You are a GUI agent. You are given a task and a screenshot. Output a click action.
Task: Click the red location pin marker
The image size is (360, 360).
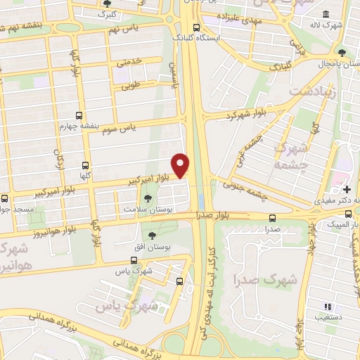[x=181, y=165]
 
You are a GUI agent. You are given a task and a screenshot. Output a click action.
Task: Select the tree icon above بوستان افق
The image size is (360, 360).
[x=152, y=236]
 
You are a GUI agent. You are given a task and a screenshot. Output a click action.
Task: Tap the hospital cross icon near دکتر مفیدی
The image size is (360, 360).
[x=347, y=189]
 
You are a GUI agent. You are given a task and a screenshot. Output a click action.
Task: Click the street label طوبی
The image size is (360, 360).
[x=131, y=88]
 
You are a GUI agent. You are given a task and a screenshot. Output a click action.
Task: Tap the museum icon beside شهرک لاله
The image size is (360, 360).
[x=326, y=15]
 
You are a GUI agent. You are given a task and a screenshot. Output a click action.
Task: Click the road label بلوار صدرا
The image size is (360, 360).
[x=214, y=217]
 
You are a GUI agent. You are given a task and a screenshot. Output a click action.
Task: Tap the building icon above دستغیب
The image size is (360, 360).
[x=327, y=306]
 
